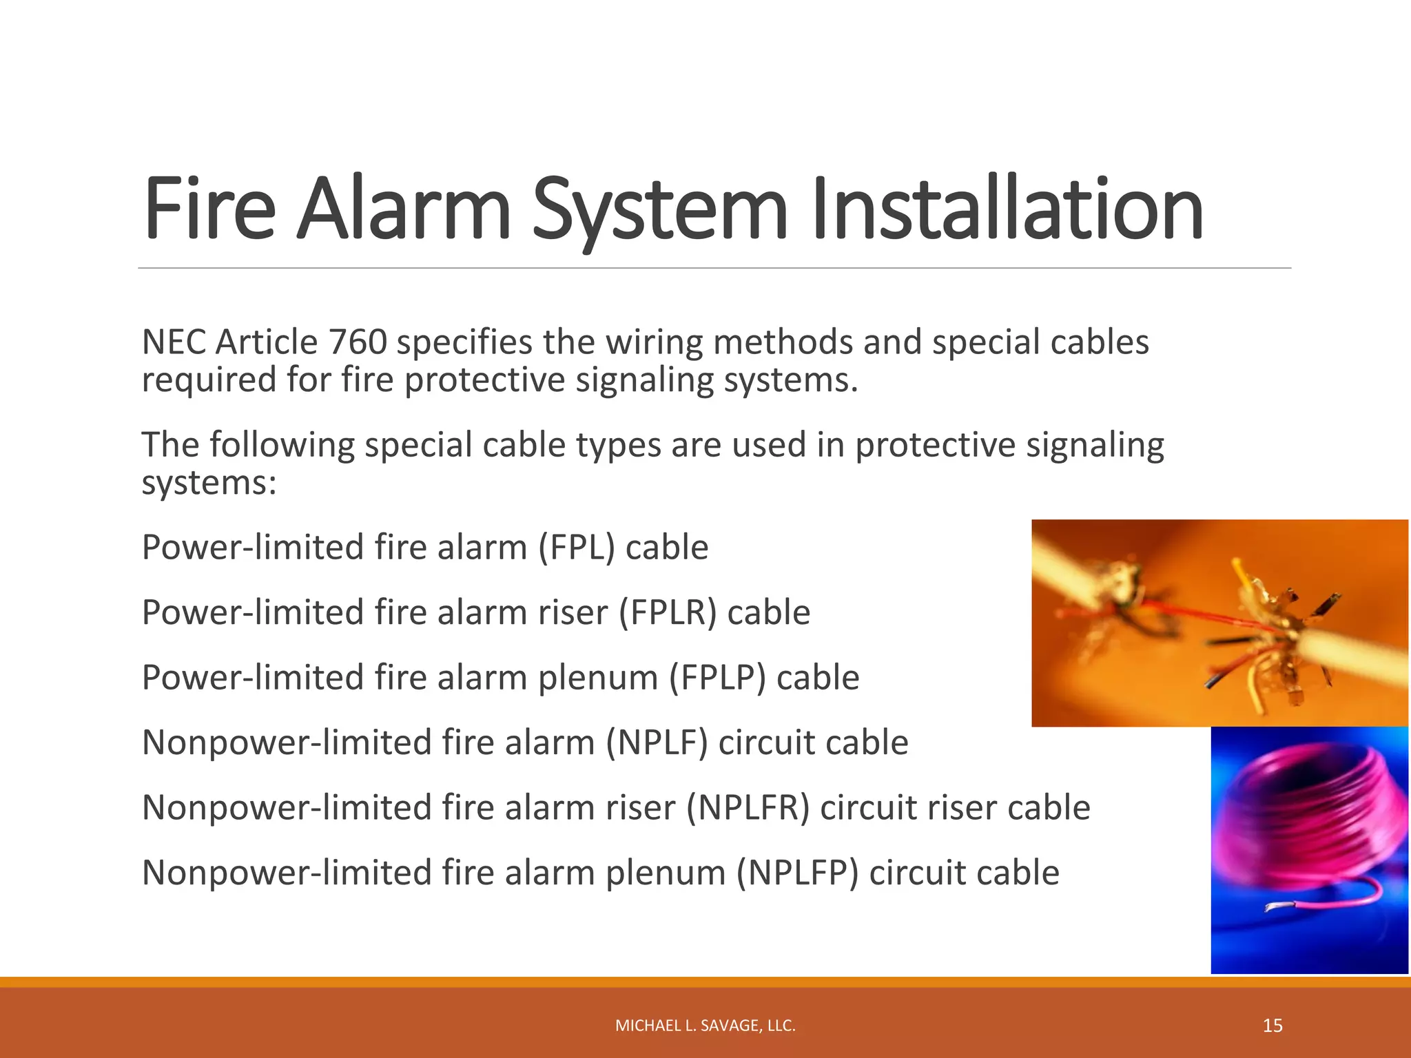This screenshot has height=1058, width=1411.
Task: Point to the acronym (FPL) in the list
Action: [x=576, y=548]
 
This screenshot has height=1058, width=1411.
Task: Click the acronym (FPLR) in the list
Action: [x=668, y=613]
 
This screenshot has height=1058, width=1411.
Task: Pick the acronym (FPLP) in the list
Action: [x=717, y=678]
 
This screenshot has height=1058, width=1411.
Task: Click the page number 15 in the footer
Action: [x=1273, y=1026]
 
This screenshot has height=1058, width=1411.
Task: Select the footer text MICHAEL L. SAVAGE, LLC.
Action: [x=705, y=1026]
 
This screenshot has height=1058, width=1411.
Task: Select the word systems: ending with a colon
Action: [x=209, y=483]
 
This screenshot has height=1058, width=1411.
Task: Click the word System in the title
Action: [x=659, y=210]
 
